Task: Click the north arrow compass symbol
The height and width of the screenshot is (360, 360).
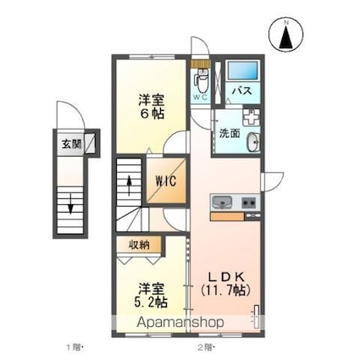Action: pyautogui.click(x=286, y=35)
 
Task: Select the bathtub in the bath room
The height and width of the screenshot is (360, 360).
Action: pyautogui.click(x=243, y=70)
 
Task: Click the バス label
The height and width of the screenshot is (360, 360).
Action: pyautogui.click(x=242, y=91)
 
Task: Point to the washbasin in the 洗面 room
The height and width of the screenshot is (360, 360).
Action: pyautogui.click(x=253, y=142)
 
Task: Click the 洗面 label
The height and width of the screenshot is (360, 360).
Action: pyautogui.click(x=230, y=133)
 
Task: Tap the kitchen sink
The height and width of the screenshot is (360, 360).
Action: pyautogui.click(x=222, y=202)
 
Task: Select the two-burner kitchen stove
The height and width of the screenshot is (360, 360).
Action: pyautogui.click(x=248, y=202)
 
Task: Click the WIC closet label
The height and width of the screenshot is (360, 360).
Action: pyautogui.click(x=166, y=181)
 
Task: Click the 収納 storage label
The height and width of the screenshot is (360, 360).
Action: pyautogui.click(x=139, y=246)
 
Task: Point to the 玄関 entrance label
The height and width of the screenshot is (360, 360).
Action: pyautogui.click(x=72, y=144)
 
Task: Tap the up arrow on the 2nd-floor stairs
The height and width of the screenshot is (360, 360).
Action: pyautogui.click(x=130, y=186)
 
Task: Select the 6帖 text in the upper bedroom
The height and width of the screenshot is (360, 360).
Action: pyautogui.click(x=151, y=114)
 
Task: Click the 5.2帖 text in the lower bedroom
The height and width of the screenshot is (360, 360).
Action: pyautogui.click(x=151, y=302)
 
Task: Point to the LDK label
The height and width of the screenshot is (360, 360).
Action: pyautogui.click(x=226, y=276)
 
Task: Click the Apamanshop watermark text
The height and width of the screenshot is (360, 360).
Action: pyautogui.click(x=180, y=323)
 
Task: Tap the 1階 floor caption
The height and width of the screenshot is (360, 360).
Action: pyautogui.click(x=75, y=346)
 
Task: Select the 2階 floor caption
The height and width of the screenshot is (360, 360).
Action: pyautogui.click(x=206, y=346)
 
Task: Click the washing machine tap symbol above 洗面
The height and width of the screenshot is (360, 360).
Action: pyautogui.click(x=251, y=117)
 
